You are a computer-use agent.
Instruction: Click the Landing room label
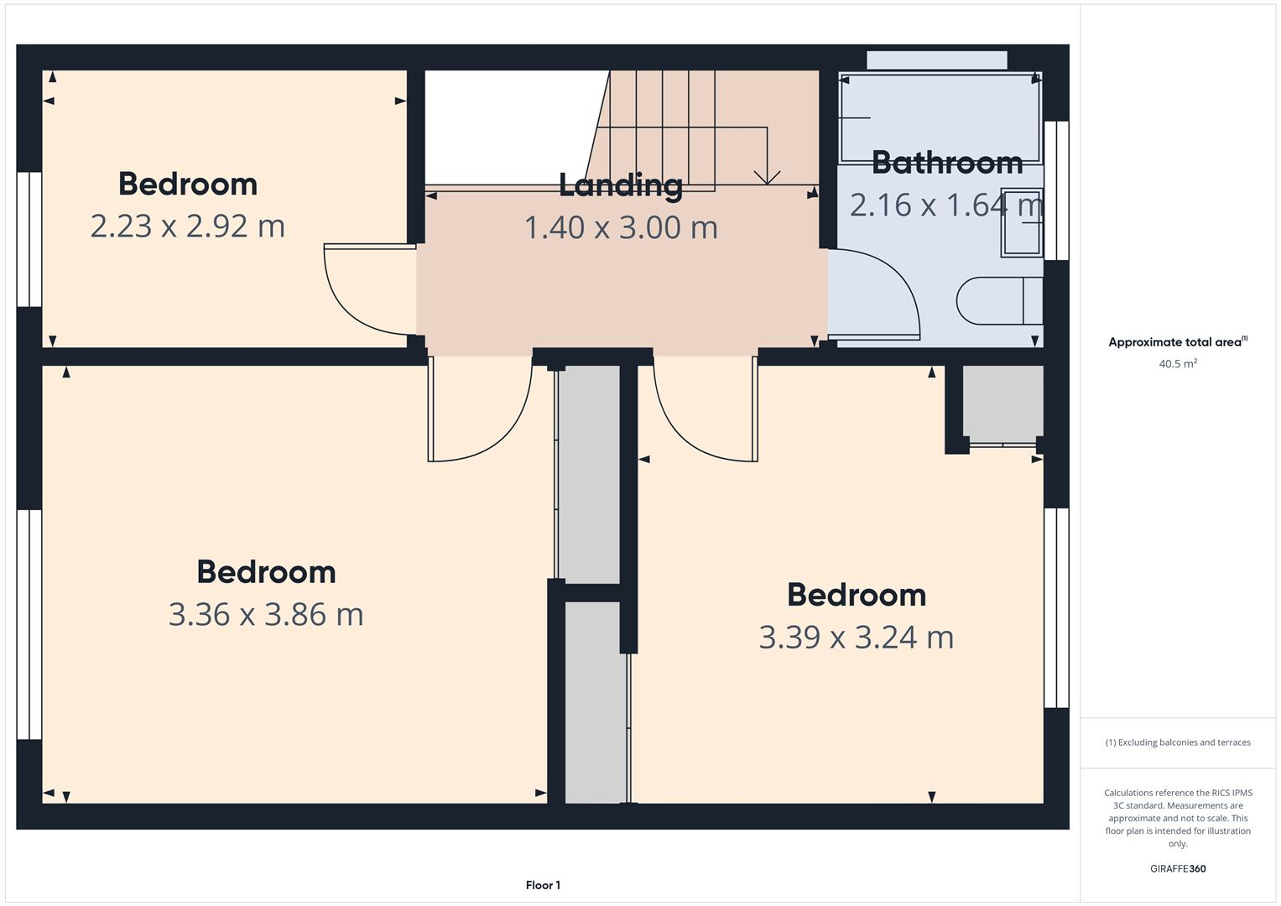point(620,185)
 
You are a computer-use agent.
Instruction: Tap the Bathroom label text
point(946,163)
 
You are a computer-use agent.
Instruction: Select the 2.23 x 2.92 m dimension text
point(187,226)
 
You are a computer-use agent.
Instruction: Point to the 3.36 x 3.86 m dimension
point(266,614)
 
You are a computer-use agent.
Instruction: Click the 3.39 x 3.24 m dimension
point(856,637)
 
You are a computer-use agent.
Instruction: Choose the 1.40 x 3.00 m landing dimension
point(621,227)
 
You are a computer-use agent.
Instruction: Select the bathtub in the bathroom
point(940,117)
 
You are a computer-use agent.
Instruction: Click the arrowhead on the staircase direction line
point(767,177)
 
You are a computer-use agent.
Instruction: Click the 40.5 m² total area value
point(1177,364)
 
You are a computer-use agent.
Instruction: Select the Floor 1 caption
point(543,885)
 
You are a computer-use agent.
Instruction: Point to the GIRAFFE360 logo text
point(1177,868)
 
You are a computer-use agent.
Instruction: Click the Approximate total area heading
point(1177,342)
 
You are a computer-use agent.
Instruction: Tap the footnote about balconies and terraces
point(1177,742)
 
